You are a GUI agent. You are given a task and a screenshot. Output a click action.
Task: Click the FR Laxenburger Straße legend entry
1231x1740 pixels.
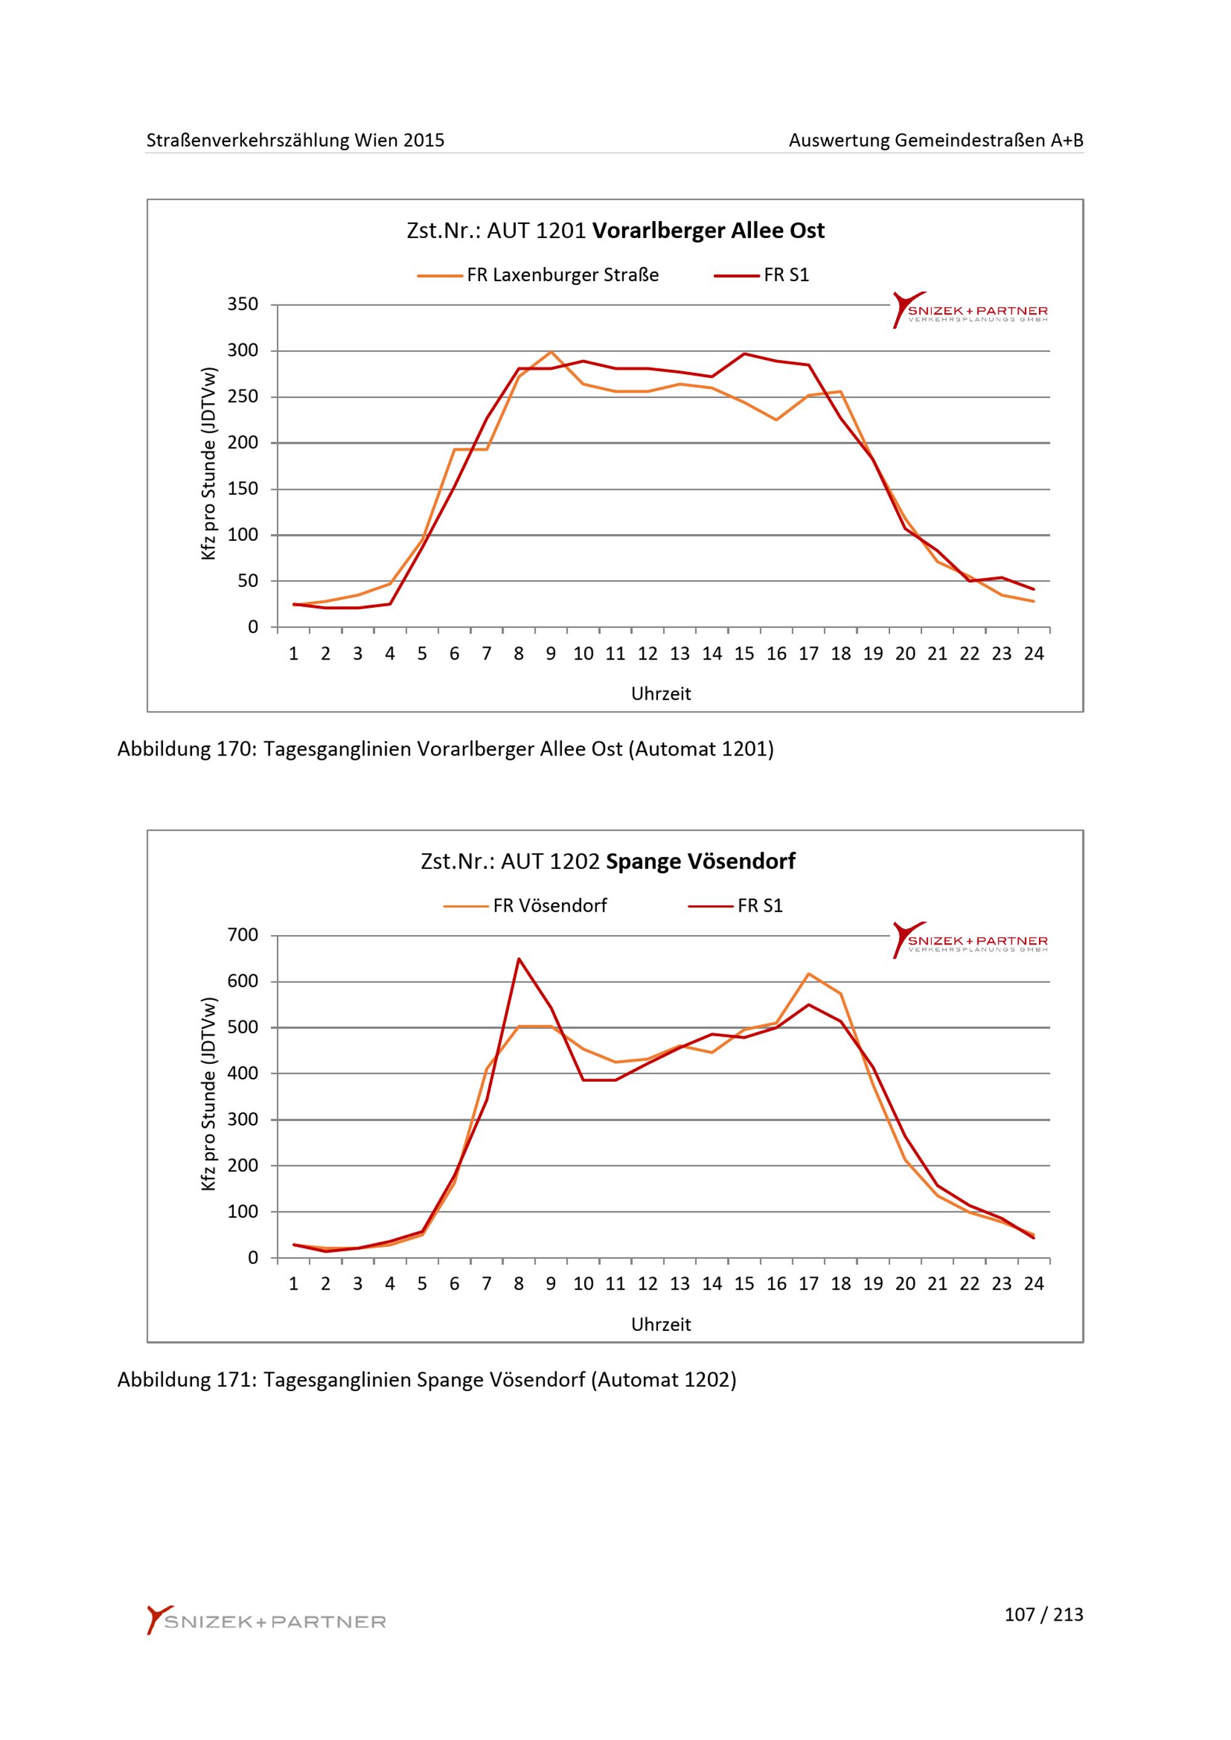(x=538, y=275)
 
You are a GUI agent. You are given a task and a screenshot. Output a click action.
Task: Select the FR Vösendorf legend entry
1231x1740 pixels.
(x=525, y=906)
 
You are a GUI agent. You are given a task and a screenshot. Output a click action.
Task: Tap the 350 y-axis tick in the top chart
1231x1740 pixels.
(x=243, y=305)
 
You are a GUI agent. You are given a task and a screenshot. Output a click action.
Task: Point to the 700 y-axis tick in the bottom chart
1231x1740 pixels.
(x=243, y=935)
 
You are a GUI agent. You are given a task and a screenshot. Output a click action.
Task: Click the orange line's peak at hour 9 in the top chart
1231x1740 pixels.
(x=551, y=352)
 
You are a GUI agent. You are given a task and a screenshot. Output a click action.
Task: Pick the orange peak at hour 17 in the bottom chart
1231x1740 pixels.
(x=809, y=973)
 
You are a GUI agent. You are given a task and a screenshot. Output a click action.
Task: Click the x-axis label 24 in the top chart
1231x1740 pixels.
(x=1034, y=654)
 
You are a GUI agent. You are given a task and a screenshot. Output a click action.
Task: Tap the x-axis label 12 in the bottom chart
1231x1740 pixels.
(x=648, y=1284)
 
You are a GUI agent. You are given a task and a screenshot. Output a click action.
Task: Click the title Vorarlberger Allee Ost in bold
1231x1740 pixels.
(x=708, y=230)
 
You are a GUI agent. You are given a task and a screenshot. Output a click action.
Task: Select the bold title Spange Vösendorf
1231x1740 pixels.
(x=700, y=861)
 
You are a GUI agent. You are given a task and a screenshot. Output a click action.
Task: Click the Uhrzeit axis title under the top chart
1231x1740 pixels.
(x=661, y=694)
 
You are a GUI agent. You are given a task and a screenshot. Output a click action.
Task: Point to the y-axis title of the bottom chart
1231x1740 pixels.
(x=209, y=1095)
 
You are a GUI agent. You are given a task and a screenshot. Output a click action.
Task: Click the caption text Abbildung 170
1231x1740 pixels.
(x=185, y=749)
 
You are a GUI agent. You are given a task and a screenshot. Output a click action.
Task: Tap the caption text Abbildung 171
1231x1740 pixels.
(x=185, y=1380)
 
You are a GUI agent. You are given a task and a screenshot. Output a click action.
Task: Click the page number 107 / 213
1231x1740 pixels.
(x=1044, y=1615)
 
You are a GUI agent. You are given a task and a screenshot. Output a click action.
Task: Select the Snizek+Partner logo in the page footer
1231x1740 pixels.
(x=266, y=1620)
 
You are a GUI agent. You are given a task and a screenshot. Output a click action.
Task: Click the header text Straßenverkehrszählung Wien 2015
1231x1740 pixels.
(x=295, y=140)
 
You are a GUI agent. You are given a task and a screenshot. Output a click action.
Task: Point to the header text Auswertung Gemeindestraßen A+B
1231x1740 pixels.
(x=936, y=140)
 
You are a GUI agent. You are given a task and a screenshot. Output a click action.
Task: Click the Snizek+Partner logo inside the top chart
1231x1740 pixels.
(x=970, y=310)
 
